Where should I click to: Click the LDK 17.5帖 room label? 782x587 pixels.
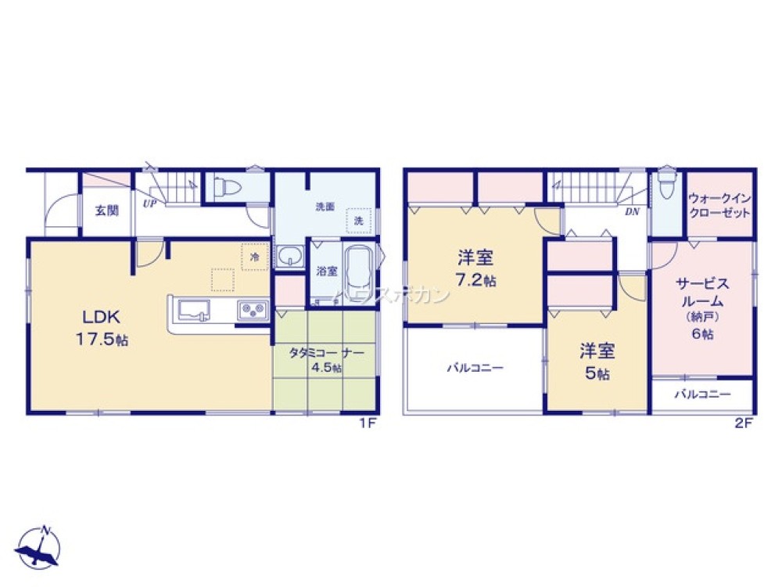pyautogui.click(x=101, y=327)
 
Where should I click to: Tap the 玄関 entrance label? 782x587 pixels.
pyautogui.click(x=106, y=211)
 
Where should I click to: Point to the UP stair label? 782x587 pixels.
pyautogui.click(x=148, y=203)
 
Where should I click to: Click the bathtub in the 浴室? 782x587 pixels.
pyautogui.click(x=359, y=270)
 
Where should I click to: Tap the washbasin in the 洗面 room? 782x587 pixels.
pyautogui.click(x=290, y=256)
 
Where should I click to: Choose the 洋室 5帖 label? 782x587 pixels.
pyautogui.click(x=596, y=360)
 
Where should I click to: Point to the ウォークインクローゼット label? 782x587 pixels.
pyautogui.click(x=719, y=206)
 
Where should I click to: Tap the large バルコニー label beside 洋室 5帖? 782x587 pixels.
pyautogui.click(x=475, y=368)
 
